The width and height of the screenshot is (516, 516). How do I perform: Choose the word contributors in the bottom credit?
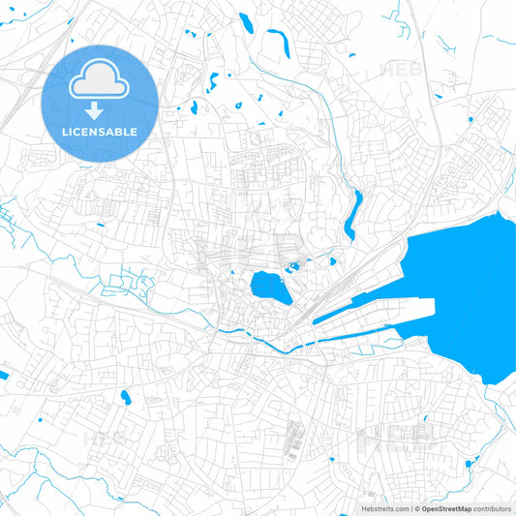pos(492,508)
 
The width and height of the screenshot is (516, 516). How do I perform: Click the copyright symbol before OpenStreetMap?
pos(416,508)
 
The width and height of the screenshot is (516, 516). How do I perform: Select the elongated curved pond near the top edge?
pos(277,42)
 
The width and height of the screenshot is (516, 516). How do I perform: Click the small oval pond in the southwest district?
pos(125,396)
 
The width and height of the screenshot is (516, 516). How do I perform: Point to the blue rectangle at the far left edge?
pos(3,375)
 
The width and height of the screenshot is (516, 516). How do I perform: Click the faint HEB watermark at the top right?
pos(401,70)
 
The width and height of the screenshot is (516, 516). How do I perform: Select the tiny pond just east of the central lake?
pos(332,260)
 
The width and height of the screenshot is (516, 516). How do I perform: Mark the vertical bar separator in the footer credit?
pos(410,508)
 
